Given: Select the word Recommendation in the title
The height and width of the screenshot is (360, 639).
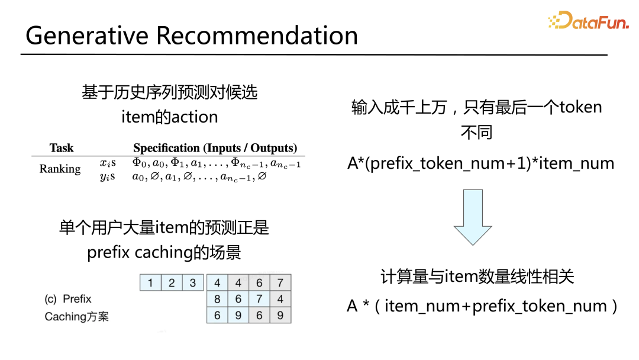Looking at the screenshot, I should point(257,36).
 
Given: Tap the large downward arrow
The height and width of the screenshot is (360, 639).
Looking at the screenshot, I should point(473,217).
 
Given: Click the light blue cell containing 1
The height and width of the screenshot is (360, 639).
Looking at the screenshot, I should point(150,282).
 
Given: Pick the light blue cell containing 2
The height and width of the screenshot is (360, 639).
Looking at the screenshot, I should point(172,282).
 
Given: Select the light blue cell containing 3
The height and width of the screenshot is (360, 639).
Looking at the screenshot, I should point(192,282).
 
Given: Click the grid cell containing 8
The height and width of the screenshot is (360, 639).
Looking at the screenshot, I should point(217,299).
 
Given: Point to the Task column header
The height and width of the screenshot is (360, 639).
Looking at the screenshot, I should point(62,148).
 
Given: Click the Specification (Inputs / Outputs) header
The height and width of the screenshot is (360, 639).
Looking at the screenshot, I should point(215,148).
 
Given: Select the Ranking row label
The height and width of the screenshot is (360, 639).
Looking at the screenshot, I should point(60,169).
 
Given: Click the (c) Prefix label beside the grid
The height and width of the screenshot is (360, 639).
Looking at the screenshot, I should point(68,299).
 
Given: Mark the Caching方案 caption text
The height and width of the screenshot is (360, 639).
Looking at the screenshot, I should point(77,317).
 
